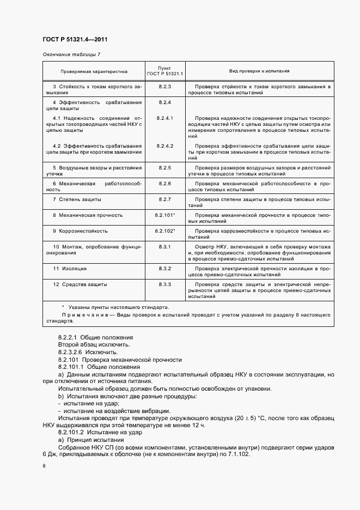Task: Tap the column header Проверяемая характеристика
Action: coord(94,71)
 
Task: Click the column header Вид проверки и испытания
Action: coord(259,71)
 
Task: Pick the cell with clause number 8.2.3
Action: coord(165,87)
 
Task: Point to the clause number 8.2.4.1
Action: coord(165,118)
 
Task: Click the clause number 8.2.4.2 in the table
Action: coord(165,146)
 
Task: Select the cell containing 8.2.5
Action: coord(165,167)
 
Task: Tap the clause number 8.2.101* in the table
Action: coord(165,215)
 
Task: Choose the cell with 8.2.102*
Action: coord(165,231)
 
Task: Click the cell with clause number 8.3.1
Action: coord(165,247)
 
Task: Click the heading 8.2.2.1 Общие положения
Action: coord(95,338)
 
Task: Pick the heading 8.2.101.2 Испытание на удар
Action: coord(100,432)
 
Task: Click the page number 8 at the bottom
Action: coord(44,466)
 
